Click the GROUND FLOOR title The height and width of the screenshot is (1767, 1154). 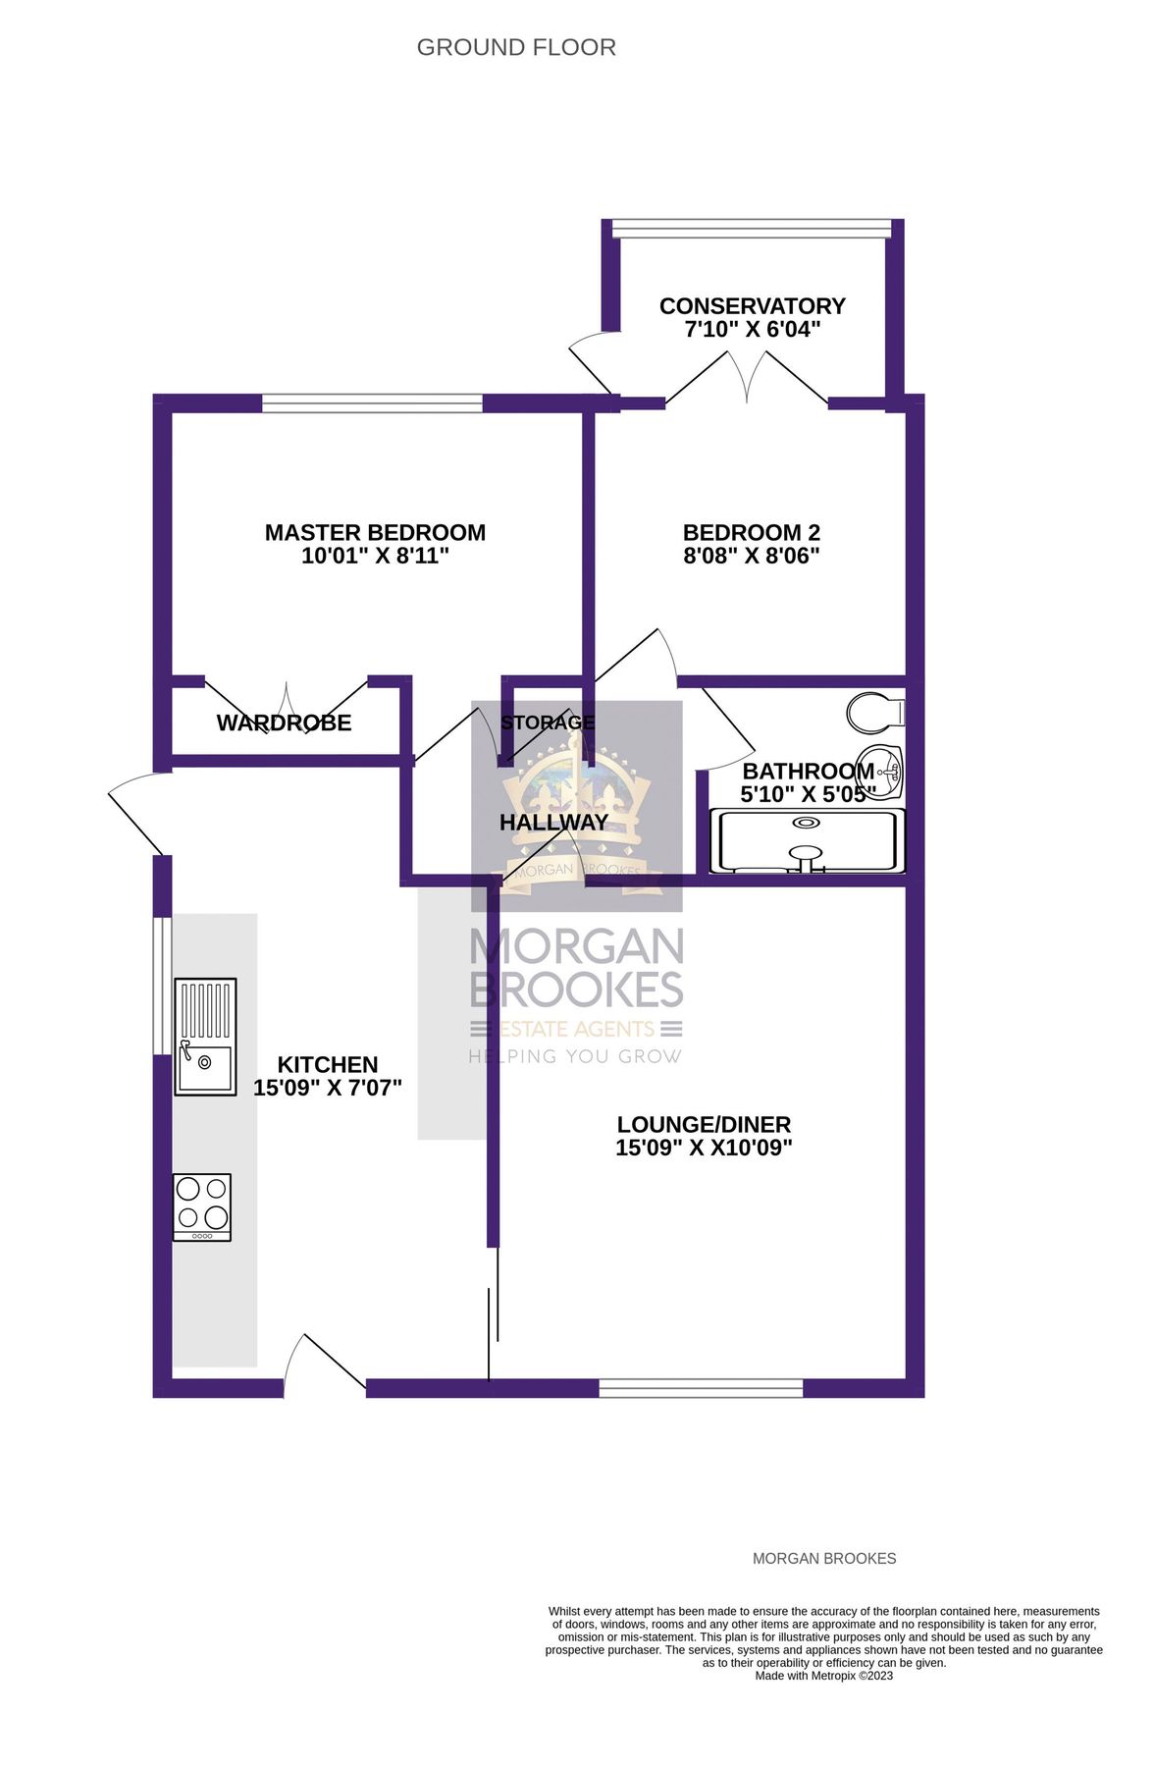point(516,47)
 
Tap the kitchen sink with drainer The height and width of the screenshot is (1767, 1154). point(205,1036)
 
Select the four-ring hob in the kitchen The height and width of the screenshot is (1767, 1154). point(202,1206)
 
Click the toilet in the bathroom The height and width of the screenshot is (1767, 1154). point(874,714)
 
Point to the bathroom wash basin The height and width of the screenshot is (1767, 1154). point(890,772)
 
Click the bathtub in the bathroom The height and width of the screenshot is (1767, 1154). point(807,841)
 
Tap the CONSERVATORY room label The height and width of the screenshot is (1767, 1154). point(752,306)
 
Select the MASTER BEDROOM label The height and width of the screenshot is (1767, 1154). point(375,532)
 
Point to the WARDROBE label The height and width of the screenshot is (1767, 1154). point(284,723)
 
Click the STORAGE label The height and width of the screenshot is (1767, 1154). point(548,723)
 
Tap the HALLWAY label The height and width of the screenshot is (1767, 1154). point(553,823)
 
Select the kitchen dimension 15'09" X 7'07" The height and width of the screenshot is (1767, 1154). point(328,1089)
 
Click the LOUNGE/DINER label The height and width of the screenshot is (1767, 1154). point(704,1125)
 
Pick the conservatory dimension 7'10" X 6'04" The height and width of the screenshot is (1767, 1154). point(752,330)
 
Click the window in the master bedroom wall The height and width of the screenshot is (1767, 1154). point(373,402)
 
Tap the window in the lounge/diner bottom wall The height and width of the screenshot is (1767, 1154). point(701,1388)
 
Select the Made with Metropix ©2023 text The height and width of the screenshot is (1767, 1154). point(823,1676)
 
